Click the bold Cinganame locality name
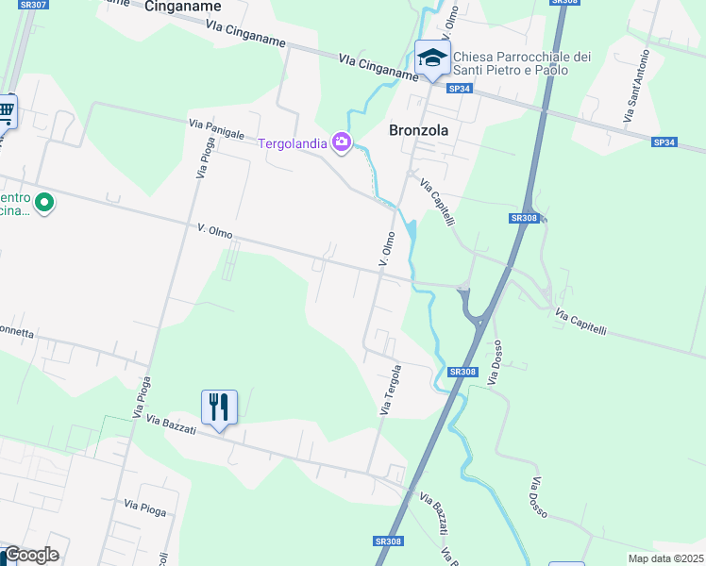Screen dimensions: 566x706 pos(183,7)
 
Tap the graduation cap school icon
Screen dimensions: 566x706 pos(433,57)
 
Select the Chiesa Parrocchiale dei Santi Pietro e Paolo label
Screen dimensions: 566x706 pos(523,63)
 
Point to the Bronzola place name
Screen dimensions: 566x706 pos(418,131)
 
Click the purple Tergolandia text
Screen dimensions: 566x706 pos(293,143)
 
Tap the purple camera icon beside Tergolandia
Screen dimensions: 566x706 pos(342,143)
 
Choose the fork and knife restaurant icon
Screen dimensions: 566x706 pos(219,408)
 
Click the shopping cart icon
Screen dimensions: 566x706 pos(6,112)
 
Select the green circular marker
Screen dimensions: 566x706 pos(43,202)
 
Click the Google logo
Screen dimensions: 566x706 pos(31,555)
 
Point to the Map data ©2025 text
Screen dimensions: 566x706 pos(664,558)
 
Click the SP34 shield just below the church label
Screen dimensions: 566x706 pos(459,89)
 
